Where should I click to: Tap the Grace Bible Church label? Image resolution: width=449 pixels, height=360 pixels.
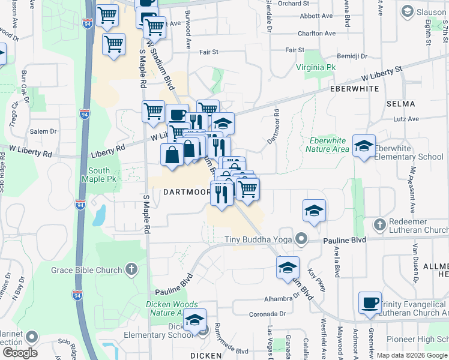tap(86, 270)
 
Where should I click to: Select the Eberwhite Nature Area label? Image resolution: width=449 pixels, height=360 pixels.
tap(327, 145)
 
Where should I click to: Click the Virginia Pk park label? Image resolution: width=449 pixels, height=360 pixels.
tap(315, 67)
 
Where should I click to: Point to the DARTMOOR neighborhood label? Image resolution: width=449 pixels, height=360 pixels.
tap(187, 192)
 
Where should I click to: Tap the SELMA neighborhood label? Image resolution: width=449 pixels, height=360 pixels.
tap(401, 104)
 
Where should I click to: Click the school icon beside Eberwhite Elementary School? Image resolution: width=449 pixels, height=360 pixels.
tap(364, 146)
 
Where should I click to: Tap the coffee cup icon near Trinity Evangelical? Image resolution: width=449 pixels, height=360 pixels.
tap(370, 302)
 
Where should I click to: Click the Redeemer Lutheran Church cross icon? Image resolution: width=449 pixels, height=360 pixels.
tap(379, 225)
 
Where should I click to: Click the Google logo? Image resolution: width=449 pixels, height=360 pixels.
tap(20, 352)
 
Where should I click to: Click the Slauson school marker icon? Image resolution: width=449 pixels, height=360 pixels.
tap(408, 11)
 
